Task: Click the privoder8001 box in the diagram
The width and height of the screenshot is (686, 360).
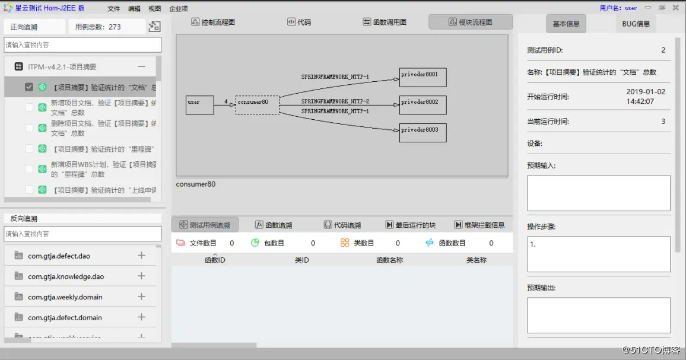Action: pyautogui.click(x=423, y=78)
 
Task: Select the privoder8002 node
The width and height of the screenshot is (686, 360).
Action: pyautogui.click(x=423, y=105)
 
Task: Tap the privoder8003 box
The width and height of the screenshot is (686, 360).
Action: pyautogui.click(x=423, y=132)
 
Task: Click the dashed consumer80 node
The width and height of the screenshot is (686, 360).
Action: pyautogui.click(x=257, y=105)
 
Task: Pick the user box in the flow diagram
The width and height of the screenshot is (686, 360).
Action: pyautogui.click(x=199, y=105)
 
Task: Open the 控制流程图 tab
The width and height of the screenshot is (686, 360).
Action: pyautogui.click(x=213, y=23)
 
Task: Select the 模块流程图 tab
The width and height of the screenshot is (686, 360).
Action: pyautogui.click(x=470, y=23)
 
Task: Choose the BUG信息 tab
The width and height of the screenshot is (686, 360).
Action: pyautogui.click(x=636, y=24)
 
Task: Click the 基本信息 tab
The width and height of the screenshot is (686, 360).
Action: pyautogui.click(x=566, y=24)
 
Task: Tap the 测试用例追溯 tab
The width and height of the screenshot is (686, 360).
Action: pyautogui.click(x=205, y=225)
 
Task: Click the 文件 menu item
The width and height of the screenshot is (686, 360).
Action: pyautogui.click(x=114, y=8)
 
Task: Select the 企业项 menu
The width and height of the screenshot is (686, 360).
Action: pyautogui.click(x=178, y=8)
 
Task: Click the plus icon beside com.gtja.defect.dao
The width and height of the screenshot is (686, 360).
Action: pyautogui.click(x=141, y=256)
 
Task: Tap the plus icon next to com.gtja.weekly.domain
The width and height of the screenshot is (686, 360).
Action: pyautogui.click(x=141, y=297)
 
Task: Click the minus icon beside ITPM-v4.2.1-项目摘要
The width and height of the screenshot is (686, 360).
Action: pyautogui.click(x=141, y=67)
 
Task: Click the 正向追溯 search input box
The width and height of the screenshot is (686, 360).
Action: pyautogui.click(x=82, y=45)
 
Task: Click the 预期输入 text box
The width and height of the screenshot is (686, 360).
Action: pyautogui.click(x=598, y=193)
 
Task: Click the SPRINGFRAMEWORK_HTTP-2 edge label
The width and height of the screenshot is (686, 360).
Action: pyautogui.click(x=335, y=101)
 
